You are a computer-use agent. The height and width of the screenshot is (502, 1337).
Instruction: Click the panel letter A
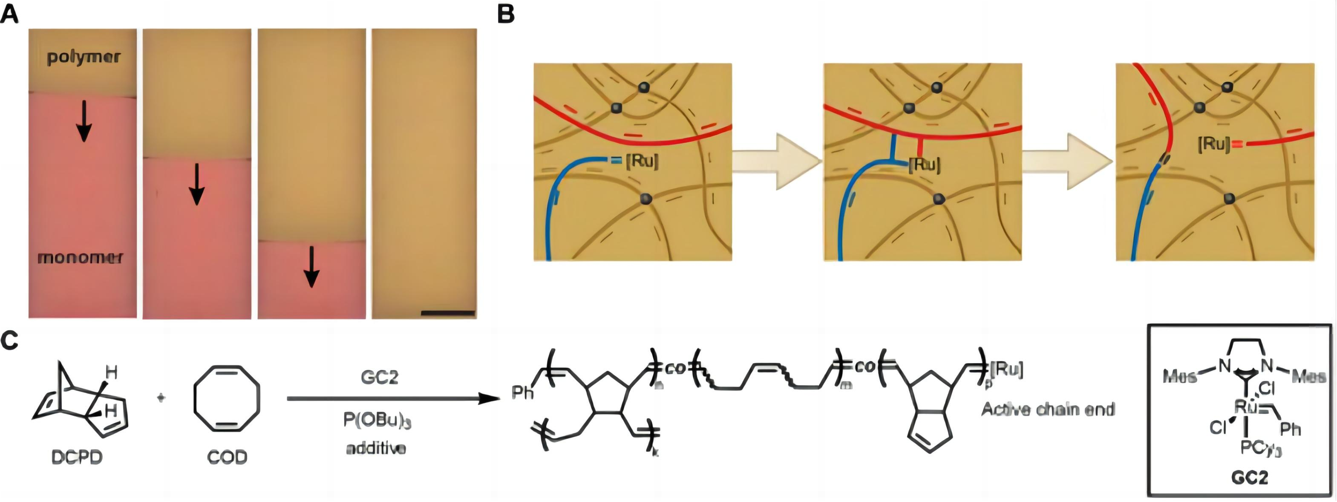(9, 14)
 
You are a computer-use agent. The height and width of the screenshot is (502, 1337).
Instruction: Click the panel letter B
(506, 14)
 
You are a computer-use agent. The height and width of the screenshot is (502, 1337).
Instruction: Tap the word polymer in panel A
(83, 57)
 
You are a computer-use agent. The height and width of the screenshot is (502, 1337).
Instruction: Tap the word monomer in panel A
(80, 257)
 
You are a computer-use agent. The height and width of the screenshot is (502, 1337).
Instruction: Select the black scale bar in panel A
(448, 313)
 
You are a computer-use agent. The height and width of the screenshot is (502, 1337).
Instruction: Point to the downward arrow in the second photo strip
(196, 184)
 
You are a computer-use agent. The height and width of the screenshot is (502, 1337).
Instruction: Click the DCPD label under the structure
(77, 457)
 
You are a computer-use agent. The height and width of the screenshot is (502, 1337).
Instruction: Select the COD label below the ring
(227, 457)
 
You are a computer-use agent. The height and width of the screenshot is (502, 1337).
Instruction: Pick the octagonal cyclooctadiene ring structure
(227, 398)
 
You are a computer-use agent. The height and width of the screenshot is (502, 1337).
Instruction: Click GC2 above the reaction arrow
(379, 378)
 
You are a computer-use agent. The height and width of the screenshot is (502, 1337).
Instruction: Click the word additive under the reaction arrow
(376, 448)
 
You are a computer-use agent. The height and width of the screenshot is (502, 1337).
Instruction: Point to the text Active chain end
(1048, 410)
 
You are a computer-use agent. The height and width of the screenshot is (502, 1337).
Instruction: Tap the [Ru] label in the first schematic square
(642, 162)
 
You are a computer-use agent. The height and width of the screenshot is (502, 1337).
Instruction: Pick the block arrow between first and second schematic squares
(777, 162)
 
